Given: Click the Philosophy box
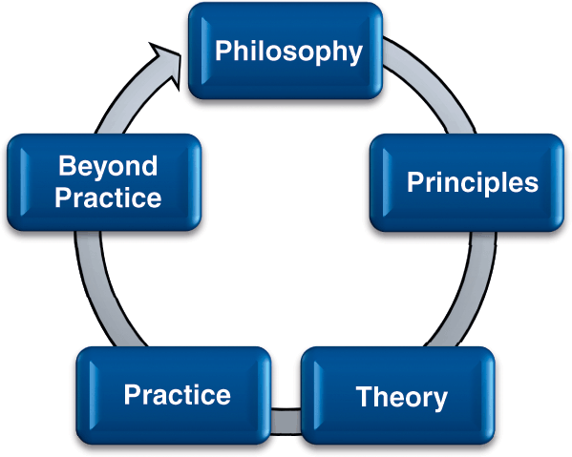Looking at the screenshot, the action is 286,51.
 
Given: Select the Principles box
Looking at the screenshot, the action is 467,182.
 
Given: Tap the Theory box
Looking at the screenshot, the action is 398,396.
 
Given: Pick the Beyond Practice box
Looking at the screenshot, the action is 104,182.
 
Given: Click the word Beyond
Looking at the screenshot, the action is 108,167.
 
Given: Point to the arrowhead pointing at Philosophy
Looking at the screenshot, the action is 166,65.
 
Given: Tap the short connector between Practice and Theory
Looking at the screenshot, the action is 286,422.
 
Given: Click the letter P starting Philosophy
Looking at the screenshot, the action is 223,51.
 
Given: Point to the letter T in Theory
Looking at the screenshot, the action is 365,396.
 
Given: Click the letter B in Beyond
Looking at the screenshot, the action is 67,165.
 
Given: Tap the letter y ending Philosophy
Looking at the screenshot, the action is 354,54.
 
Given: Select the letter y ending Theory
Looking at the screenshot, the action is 439,401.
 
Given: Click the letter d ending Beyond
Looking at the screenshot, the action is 149,165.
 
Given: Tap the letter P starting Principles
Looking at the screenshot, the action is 415,181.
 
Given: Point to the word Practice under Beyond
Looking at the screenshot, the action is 108,197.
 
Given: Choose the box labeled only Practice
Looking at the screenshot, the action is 174,395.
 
